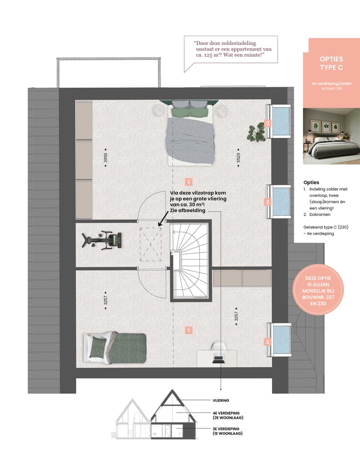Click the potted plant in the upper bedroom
[x=256, y=132]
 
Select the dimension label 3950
[x=105, y=158]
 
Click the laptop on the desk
[x=218, y=357]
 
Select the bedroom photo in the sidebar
[x=331, y=135]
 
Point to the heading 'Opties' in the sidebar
[x=311, y=182]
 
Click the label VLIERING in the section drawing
[x=220, y=400]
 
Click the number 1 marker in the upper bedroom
[x=188, y=181]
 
